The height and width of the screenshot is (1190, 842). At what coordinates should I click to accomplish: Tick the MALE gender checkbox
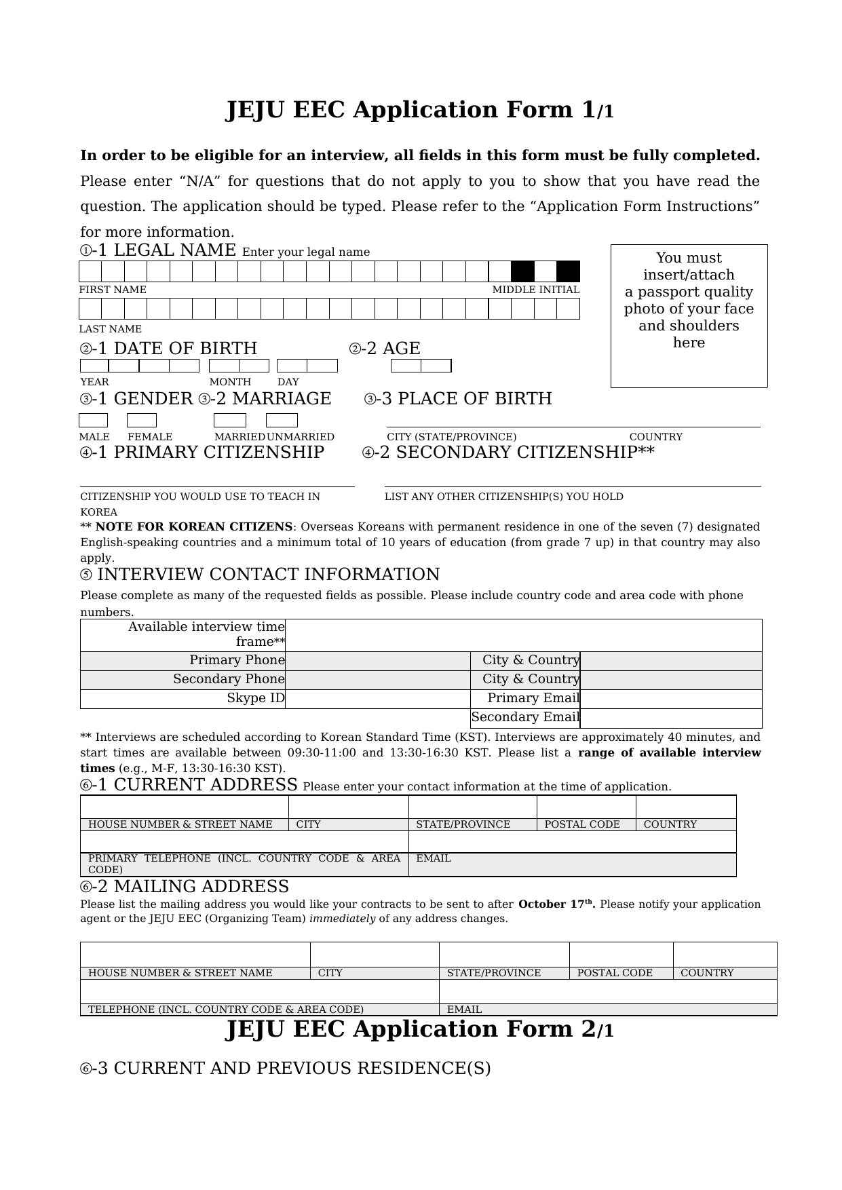click(x=94, y=421)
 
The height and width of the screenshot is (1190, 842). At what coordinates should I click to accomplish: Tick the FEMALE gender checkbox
click(x=142, y=421)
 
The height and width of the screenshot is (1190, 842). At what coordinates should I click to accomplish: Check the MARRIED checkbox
click(x=229, y=421)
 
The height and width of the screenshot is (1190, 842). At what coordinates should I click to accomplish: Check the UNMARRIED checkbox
click(x=282, y=421)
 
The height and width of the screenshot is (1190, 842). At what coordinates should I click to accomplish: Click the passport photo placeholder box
click(x=689, y=316)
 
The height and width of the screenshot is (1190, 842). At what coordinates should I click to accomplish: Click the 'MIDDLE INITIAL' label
click(x=535, y=290)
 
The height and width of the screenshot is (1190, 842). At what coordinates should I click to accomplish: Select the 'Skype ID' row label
click(x=255, y=698)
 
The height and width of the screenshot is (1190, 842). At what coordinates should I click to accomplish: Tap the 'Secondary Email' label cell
click(x=525, y=717)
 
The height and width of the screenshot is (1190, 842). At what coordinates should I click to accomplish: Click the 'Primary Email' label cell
click(x=533, y=698)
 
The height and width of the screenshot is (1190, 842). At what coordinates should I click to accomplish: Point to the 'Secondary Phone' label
click(x=229, y=679)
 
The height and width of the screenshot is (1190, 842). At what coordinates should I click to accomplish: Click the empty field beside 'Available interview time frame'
click(x=522, y=635)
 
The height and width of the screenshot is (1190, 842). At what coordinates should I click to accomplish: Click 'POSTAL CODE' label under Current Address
click(x=582, y=824)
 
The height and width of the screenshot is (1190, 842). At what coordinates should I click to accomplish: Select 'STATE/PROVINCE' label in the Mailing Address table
click(x=493, y=973)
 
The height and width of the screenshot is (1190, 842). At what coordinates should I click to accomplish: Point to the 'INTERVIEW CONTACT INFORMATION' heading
click(x=268, y=575)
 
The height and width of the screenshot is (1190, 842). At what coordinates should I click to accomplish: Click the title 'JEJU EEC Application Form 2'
click(x=419, y=1029)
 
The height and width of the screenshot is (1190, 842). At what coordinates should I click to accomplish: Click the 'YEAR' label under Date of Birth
click(x=94, y=382)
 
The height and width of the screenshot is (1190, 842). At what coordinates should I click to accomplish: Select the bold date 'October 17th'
click(x=556, y=904)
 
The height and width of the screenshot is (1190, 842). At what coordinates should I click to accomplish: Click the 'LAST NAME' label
click(x=111, y=329)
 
